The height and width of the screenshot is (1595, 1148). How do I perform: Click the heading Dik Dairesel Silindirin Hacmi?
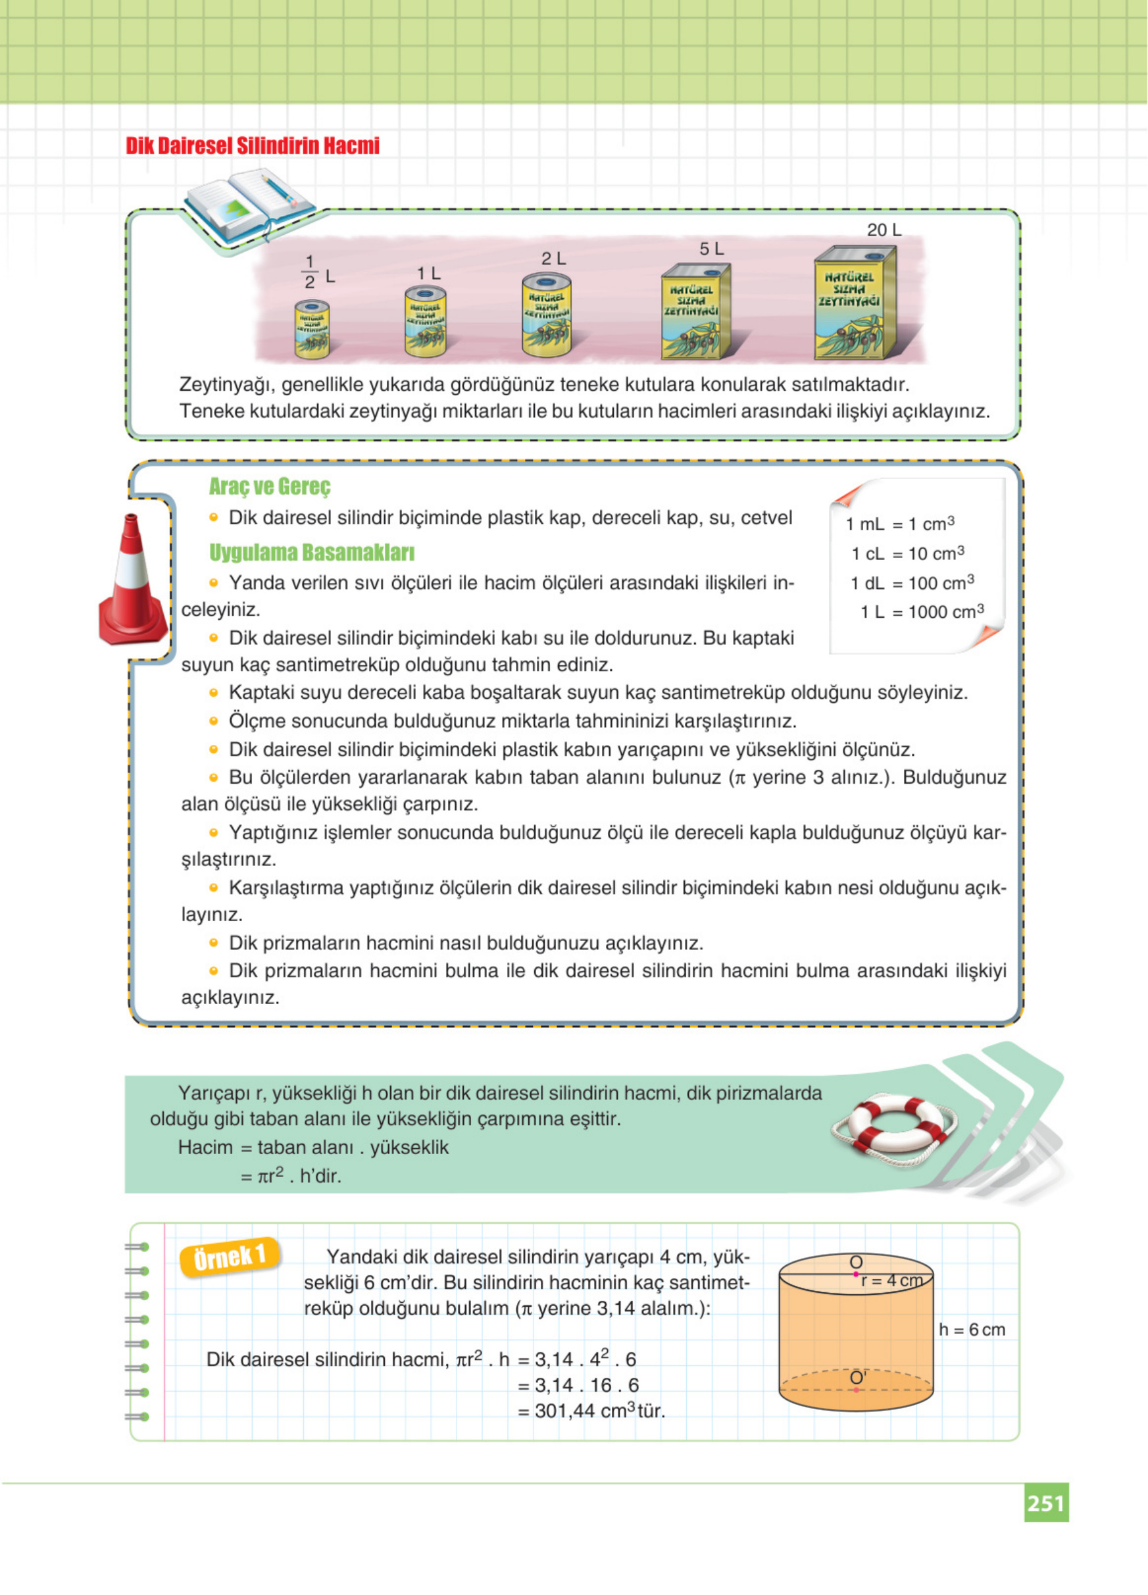253,146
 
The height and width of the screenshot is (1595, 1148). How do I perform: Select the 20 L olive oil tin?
855,303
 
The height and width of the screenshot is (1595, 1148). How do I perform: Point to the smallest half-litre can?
311,328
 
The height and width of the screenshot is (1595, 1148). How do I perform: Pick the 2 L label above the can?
553,259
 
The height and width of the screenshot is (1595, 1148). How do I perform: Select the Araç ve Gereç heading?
269,486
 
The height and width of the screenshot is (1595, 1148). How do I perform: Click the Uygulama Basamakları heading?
311,553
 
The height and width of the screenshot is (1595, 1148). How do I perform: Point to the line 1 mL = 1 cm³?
900,524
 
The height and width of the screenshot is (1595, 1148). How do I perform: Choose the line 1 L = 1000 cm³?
921,612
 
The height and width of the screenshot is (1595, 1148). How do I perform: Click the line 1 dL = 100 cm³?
912,583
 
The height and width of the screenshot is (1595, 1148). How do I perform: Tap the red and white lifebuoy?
894,1131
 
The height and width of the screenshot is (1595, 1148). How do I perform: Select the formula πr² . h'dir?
290,1176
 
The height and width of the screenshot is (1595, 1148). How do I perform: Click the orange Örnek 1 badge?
230,1257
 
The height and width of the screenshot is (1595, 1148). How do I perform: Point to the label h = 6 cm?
972,1329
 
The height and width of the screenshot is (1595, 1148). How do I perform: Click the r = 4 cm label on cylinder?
891,1280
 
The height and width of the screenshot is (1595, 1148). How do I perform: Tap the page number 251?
1045,1504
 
